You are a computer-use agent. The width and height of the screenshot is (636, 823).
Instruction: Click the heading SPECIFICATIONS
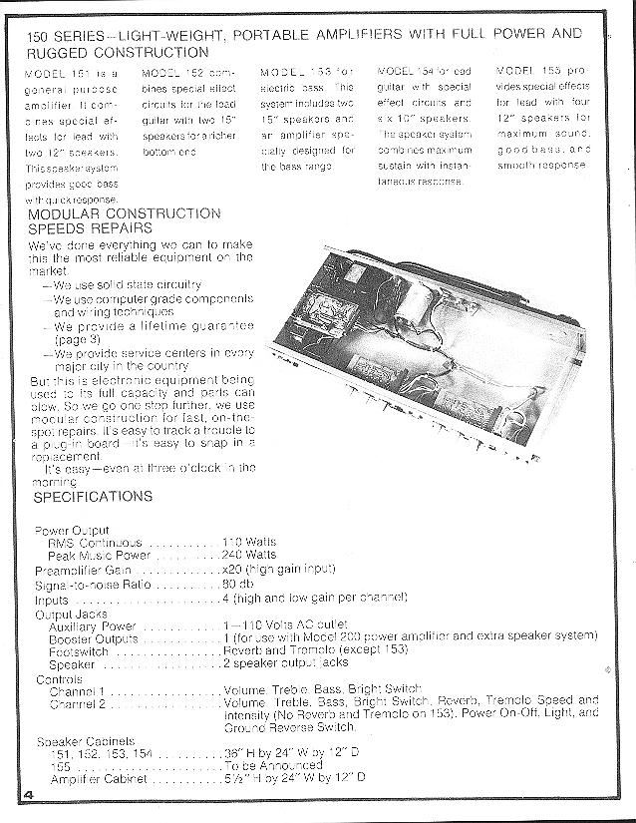pos(93,496)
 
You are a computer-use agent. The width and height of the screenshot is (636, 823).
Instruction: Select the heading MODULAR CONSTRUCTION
pos(125,213)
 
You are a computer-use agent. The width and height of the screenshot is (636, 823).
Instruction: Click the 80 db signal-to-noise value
pos(236,583)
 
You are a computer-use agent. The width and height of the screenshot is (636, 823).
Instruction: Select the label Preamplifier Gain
pos(85,569)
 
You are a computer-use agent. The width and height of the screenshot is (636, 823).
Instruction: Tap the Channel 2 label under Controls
pos(78,703)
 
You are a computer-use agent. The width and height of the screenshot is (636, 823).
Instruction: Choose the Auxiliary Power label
pos(92,623)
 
